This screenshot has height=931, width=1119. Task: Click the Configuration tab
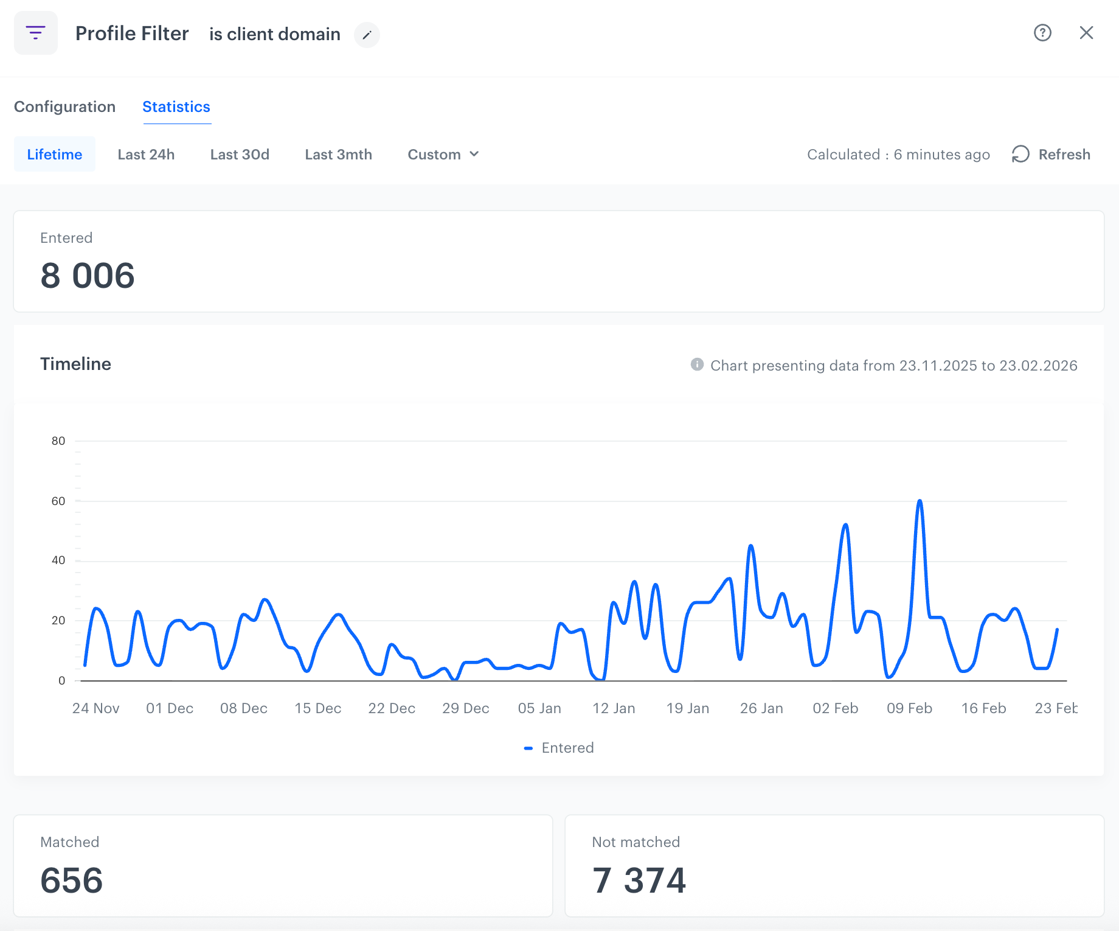pyautogui.click(x=64, y=106)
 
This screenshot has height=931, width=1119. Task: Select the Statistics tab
pyautogui.click(x=176, y=106)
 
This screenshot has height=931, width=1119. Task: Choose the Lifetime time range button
pyautogui.click(x=55, y=154)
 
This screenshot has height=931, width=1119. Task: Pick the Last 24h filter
pyautogui.click(x=146, y=154)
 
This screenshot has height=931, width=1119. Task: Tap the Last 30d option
pyautogui.click(x=240, y=154)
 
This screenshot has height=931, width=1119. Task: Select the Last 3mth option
pyautogui.click(x=339, y=154)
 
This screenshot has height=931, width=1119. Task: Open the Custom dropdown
pyautogui.click(x=443, y=154)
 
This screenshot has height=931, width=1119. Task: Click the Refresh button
pyautogui.click(x=1051, y=154)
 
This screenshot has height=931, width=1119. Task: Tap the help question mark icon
pyautogui.click(x=1042, y=33)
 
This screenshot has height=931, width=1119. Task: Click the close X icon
pyautogui.click(x=1086, y=33)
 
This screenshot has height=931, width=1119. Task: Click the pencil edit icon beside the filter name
pyautogui.click(x=367, y=35)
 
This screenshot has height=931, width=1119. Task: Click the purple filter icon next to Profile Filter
pyautogui.click(x=36, y=33)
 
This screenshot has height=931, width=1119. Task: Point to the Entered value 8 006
pyautogui.click(x=88, y=276)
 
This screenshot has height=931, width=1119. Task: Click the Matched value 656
pyautogui.click(x=72, y=880)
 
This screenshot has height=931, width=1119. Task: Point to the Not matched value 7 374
pyautogui.click(x=639, y=880)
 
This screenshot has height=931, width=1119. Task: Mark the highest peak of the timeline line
pyautogui.click(x=920, y=501)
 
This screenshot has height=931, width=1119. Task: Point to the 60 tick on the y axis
pyautogui.click(x=58, y=501)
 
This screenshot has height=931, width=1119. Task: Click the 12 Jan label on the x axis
pyautogui.click(x=614, y=708)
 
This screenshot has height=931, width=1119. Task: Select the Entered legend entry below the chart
pyautogui.click(x=559, y=748)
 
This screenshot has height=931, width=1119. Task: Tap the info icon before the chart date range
pyautogui.click(x=697, y=364)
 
